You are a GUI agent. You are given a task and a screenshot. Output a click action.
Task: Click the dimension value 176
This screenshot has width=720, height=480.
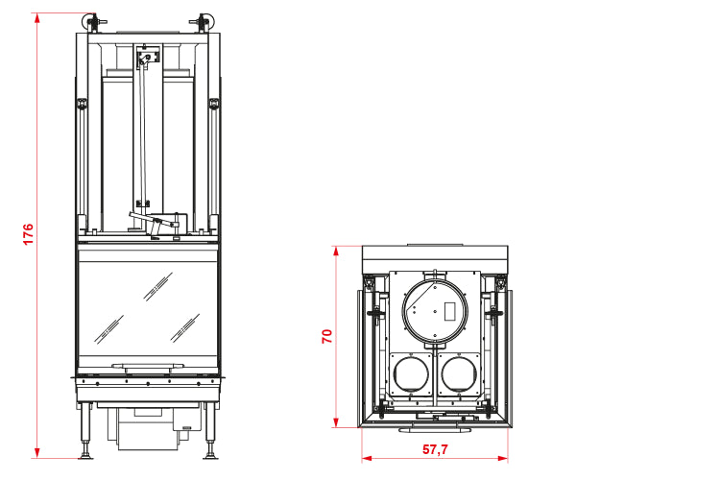pos(28,234)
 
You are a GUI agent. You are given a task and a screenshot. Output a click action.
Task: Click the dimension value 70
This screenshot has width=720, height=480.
pos(327,337)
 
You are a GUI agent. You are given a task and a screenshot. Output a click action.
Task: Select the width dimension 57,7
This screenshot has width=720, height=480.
pos(435,449)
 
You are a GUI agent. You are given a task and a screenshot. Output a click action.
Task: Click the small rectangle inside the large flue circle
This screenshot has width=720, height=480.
pos(447,309)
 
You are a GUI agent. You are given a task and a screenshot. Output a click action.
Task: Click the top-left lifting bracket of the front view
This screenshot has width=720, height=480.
pos(92,21)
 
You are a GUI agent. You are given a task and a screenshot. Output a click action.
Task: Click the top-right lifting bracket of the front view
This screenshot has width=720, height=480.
pos(203,21)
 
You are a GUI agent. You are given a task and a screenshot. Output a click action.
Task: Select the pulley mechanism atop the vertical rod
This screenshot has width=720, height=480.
pos(145,59)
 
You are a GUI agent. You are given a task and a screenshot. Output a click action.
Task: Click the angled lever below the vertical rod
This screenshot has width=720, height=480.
pos(155,222)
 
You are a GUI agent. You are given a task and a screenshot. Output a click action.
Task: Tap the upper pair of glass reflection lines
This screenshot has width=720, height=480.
pos(158,285)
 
